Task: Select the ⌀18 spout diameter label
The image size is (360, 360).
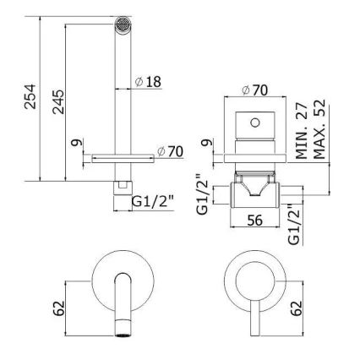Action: coord(147,82)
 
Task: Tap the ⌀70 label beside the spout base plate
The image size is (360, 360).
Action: coord(171,152)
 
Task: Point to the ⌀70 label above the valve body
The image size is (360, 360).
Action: coord(255,90)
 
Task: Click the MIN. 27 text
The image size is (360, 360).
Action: coord(301,135)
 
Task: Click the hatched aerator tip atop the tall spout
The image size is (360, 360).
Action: coord(125,27)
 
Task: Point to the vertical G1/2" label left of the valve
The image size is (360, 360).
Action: coord(202,193)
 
